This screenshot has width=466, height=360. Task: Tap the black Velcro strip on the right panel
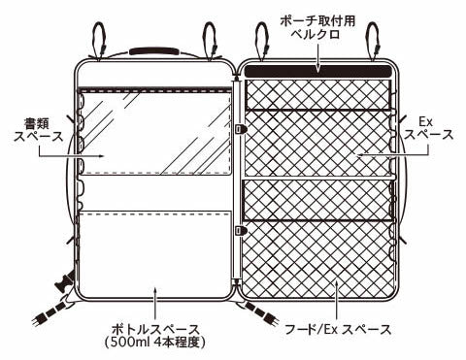[x=317, y=71]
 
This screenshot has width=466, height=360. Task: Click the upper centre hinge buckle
[x=241, y=127]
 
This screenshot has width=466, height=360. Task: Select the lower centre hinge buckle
[x=241, y=230]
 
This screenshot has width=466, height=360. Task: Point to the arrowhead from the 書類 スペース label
[x=101, y=155]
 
